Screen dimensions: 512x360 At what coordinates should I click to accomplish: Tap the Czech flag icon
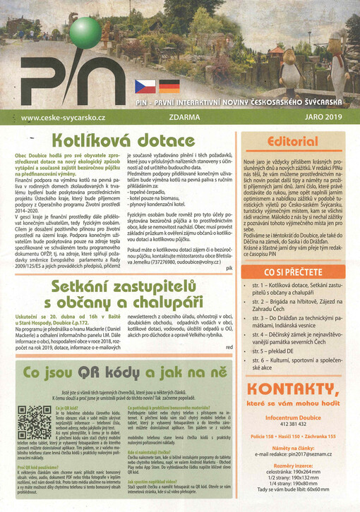(145, 87)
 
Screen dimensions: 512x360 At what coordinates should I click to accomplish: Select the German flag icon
(169, 87)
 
